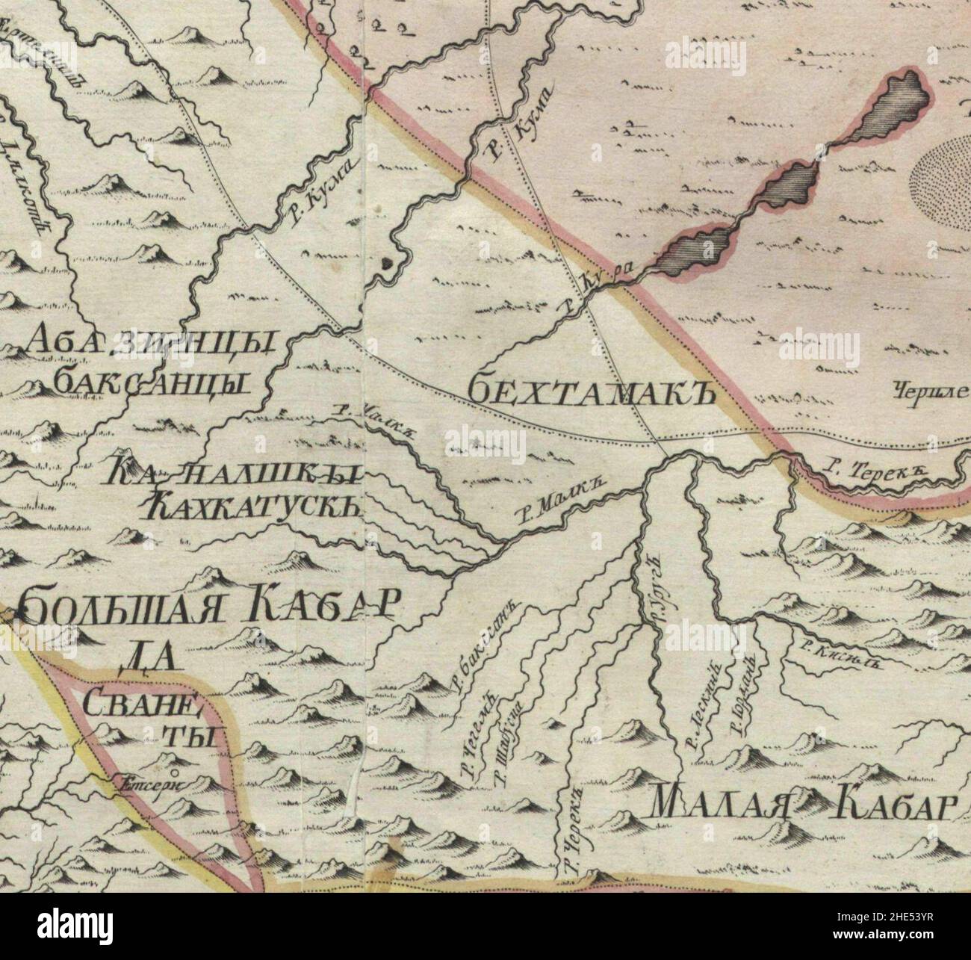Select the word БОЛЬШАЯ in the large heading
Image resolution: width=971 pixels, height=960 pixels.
pyautogui.click(x=124, y=606)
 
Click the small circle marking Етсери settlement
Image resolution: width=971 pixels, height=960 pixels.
pyautogui.click(x=173, y=772)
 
